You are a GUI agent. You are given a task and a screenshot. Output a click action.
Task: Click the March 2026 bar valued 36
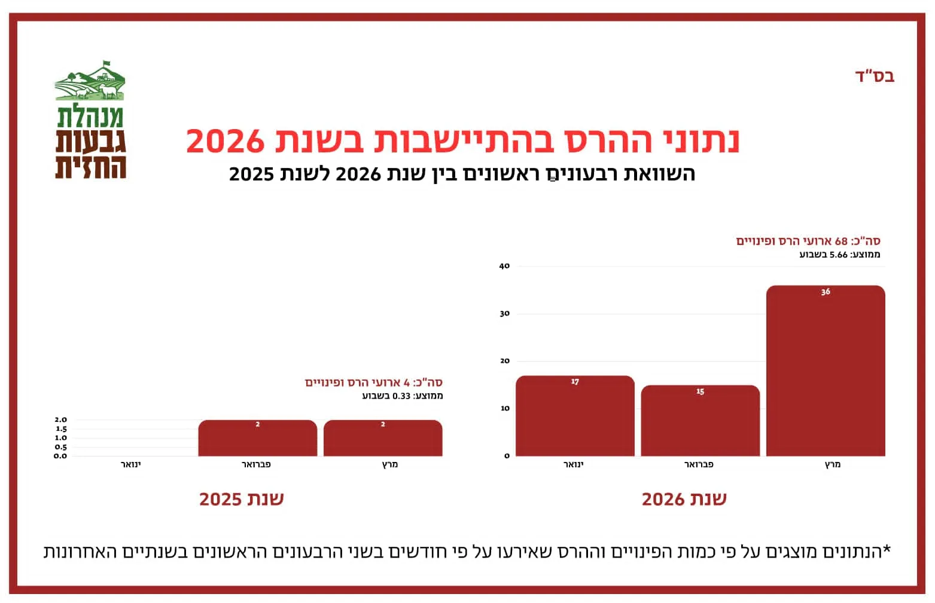(x=826, y=371)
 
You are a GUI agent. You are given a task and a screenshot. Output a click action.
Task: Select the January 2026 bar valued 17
(x=575, y=416)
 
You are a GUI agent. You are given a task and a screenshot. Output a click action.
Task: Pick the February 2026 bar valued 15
(x=700, y=421)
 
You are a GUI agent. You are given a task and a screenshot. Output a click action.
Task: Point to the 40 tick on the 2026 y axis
(x=504, y=267)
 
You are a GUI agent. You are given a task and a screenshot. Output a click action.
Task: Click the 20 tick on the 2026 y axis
(x=504, y=361)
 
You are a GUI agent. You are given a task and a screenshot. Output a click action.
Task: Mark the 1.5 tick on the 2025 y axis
(x=61, y=429)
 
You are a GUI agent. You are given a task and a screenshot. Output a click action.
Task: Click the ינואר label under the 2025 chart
(x=130, y=464)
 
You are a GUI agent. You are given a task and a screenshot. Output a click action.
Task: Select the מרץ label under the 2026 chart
(x=833, y=464)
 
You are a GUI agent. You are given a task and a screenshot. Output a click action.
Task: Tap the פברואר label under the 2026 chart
(x=699, y=464)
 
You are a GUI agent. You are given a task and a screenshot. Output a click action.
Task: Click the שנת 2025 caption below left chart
(x=241, y=499)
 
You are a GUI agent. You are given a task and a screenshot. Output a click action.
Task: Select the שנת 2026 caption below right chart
(x=684, y=499)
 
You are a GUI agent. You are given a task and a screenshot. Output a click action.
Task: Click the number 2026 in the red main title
(x=225, y=141)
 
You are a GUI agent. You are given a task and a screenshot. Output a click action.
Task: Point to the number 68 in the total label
(x=841, y=241)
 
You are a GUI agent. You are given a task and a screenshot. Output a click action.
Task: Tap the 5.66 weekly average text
(x=838, y=255)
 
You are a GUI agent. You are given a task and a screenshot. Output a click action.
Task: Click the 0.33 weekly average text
(x=401, y=396)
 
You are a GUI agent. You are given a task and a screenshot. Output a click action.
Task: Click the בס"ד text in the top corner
(x=875, y=76)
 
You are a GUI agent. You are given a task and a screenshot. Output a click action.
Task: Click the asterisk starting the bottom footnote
(x=887, y=549)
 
